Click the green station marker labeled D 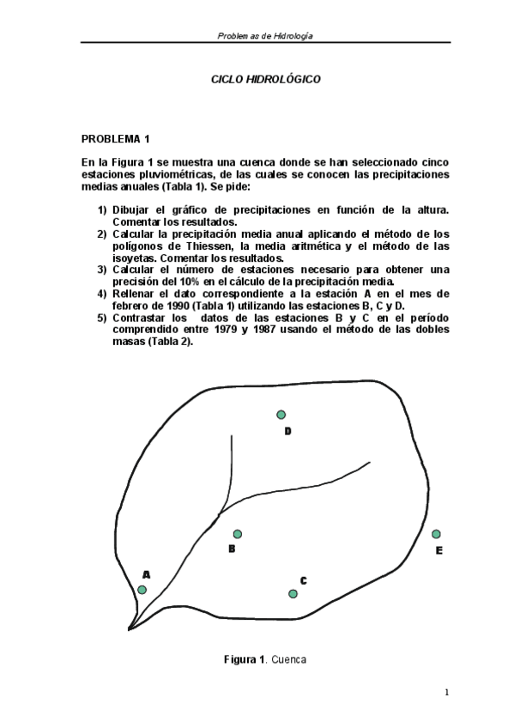(x=281, y=415)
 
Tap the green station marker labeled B (x=238, y=534)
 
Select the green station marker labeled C (x=293, y=594)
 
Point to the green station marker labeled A (x=142, y=590)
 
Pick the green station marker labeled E (x=436, y=534)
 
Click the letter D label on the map (x=287, y=431)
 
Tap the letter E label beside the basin (x=438, y=550)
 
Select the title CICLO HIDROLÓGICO (x=266, y=78)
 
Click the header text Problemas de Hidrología (x=265, y=36)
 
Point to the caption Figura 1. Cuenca (x=265, y=659)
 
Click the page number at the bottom (x=447, y=693)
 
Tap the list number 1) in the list (x=102, y=209)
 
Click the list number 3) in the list (x=102, y=270)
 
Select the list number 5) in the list (x=102, y=318)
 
